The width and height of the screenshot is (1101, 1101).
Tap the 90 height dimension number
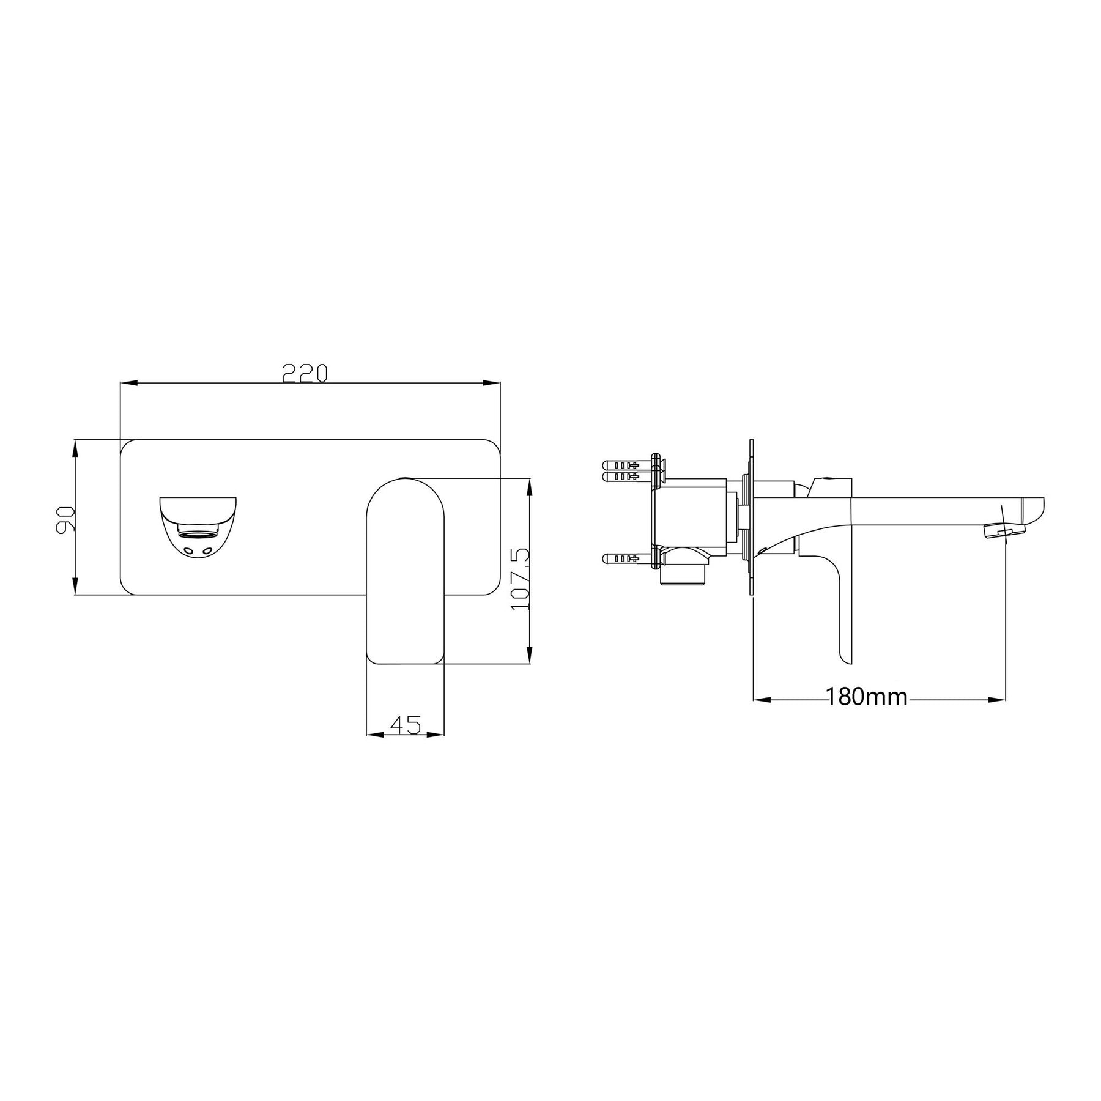[x=65, y=519]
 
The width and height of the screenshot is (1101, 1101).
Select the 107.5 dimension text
[x=519, y=578]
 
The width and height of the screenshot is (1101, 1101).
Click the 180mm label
[x=867, y=696]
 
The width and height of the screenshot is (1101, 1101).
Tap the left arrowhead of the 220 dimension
[x=128, y=384]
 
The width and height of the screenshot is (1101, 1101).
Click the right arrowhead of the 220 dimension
[x=492, y=384]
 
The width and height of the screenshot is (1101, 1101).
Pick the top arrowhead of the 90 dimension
[x=75, y=448]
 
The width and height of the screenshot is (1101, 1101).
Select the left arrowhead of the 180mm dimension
[x=761, y=699]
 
